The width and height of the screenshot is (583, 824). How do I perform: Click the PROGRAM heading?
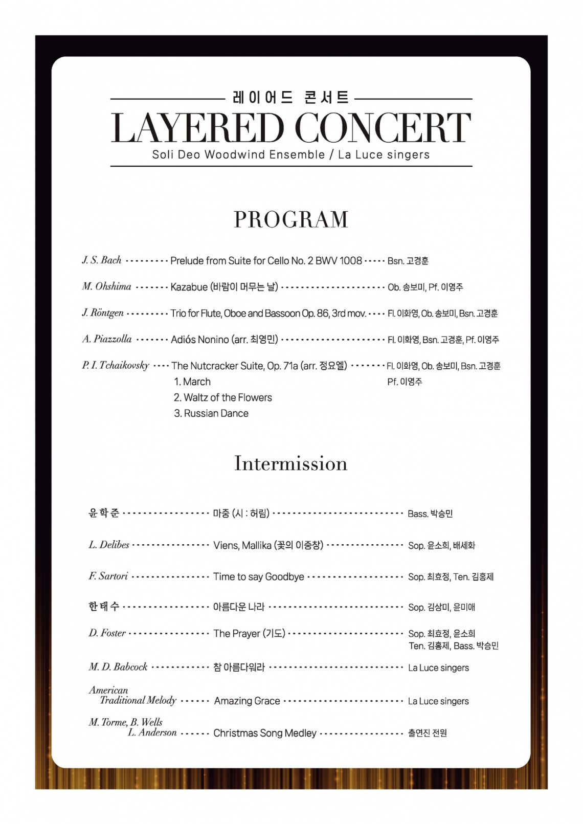pos(291,219)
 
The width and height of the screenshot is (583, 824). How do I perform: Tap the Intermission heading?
pos(291,463)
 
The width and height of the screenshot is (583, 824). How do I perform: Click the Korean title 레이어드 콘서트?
pos(291,97)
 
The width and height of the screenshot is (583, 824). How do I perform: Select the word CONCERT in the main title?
pos(383,128)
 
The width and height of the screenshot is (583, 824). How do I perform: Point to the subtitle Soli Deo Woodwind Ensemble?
pos(238,154)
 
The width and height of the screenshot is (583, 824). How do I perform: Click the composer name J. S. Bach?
pos(102,260)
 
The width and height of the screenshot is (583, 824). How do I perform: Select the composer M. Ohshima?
pos(106,286)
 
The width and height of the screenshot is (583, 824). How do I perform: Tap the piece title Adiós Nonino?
pos(200,340)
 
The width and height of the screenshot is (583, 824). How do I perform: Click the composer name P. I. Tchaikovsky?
pos(116,365)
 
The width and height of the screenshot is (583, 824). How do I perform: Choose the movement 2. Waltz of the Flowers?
pos(222,397)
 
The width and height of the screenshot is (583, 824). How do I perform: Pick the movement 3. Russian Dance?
pos(211,413)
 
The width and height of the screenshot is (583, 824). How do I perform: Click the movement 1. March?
pos(192,382)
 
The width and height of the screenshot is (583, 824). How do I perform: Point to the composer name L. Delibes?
pos(109,545)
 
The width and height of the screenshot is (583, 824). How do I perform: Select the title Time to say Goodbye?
pos(258,576)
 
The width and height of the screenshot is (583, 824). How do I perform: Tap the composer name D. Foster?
pos(107,633)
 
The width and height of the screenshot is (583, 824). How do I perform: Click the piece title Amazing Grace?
pos(247,701)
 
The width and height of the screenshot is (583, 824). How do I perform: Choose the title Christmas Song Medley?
pos(265,733)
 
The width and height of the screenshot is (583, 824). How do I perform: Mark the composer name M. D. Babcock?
pos(118,667)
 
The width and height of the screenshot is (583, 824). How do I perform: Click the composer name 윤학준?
pos(104,513)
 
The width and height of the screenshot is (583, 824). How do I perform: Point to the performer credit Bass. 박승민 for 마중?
pos(430,514)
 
